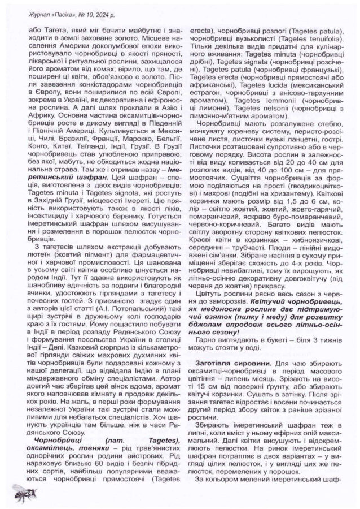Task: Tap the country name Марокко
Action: (x=125, y=137)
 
